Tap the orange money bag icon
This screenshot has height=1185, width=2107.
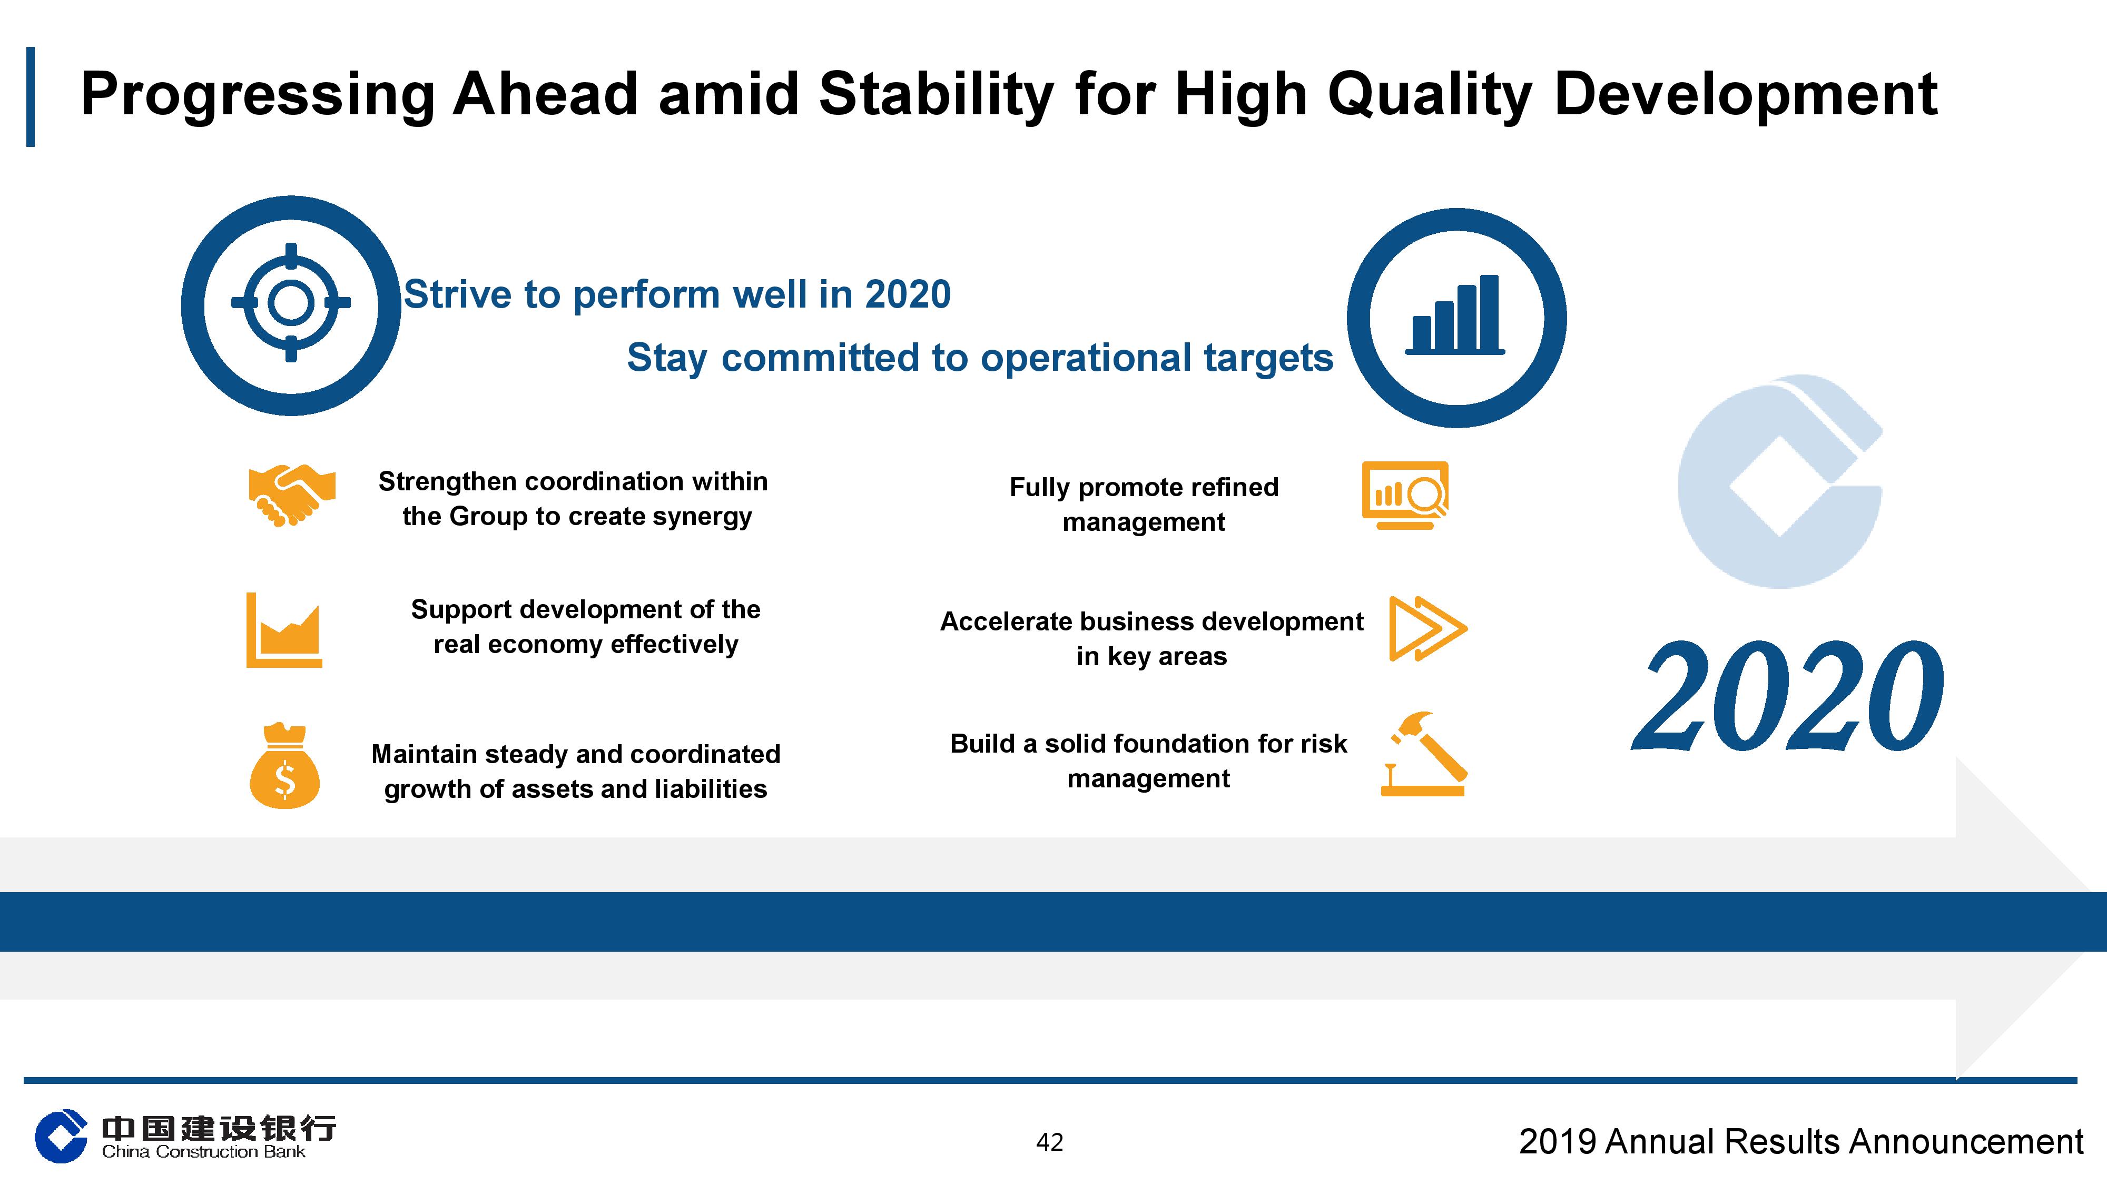click(x=284, y=767)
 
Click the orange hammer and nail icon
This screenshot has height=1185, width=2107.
click(x=1424, y=754)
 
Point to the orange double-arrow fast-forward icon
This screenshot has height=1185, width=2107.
click(x=1427, y=628)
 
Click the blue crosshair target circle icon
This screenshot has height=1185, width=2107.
click(x=291, y=304)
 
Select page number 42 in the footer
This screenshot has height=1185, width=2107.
click(x=1049, y=1142)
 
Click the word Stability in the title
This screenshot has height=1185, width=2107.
click(x=936, y=94)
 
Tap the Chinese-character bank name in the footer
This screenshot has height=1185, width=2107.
click(x=219, y=1129)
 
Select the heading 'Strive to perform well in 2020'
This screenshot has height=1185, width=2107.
click(x=677, y=294)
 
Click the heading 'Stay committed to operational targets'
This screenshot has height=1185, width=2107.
click(x=980, y=358)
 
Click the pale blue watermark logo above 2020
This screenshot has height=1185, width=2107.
click(x=1780, y=482)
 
